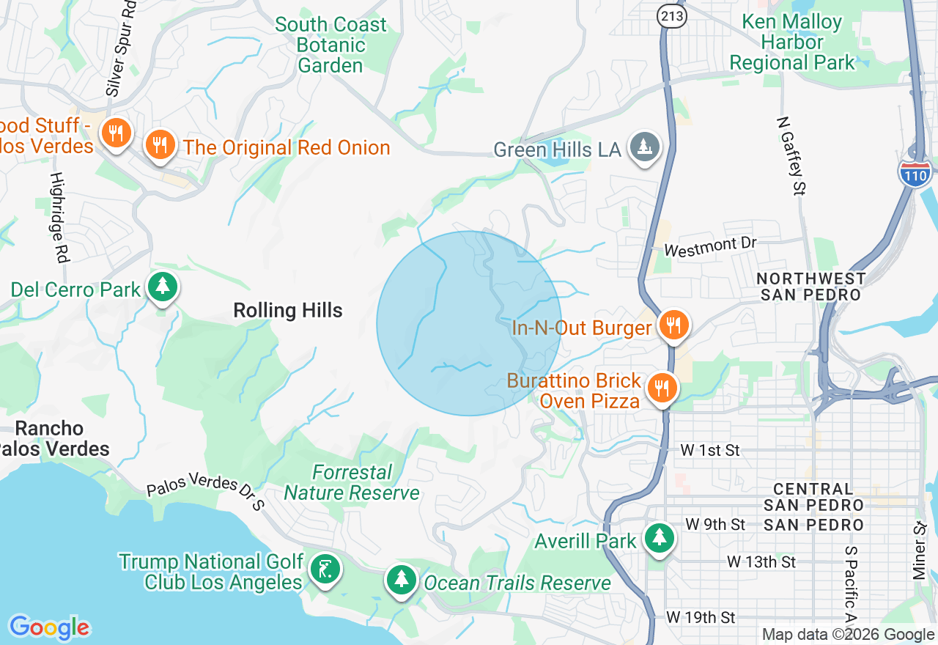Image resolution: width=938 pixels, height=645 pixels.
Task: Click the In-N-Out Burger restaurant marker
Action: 673,325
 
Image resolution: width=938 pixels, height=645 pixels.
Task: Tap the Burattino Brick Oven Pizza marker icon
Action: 662,388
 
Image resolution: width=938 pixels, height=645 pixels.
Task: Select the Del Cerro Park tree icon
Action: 162,287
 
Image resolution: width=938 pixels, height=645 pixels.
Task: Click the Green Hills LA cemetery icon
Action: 645,147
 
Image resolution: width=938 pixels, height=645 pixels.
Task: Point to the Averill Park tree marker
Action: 660,539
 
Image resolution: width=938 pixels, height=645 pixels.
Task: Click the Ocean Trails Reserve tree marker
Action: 401,580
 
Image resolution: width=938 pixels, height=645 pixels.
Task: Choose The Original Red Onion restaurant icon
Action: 159,144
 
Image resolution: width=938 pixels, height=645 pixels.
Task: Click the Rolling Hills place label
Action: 288,311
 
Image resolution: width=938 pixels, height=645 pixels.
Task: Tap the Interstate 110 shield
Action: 915,174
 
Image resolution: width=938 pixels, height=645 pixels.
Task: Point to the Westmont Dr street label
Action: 709,246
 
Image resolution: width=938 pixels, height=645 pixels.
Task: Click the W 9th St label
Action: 715,524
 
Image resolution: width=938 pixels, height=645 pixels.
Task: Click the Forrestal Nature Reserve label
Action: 352,482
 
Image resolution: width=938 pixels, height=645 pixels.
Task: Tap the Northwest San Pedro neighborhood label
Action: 811,287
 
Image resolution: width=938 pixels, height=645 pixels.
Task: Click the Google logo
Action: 49,627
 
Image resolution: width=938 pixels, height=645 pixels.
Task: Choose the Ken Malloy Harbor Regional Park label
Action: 792,42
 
